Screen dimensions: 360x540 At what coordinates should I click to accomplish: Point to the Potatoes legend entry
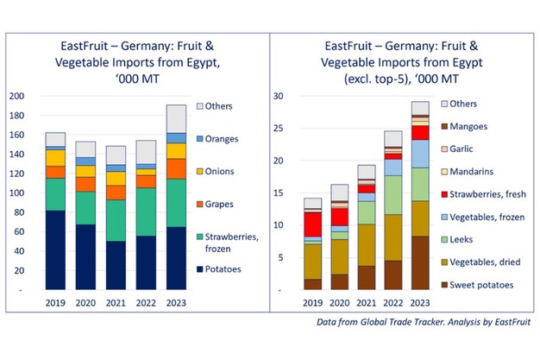pyautogui.click(x=227, y=268)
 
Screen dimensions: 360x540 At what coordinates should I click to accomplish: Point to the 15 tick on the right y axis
pyautogui.click(x=279, y=193)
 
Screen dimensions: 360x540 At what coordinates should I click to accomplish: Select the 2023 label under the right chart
pyautogui.click(x=419, y=304)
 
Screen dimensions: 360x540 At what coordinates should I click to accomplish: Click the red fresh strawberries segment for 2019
pyautogui.click(x=313, y=224)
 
